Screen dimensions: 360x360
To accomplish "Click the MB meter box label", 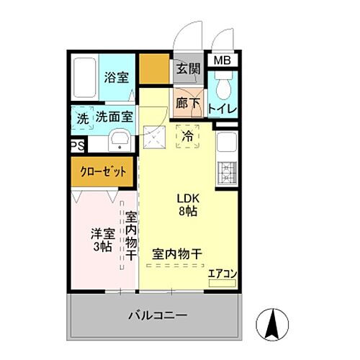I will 221,60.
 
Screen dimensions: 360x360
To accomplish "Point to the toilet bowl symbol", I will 223,90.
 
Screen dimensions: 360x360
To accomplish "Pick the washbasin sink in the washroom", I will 119,140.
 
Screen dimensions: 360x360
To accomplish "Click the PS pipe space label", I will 76,145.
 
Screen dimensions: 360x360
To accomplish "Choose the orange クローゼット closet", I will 102,171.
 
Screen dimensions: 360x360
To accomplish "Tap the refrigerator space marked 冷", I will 187,135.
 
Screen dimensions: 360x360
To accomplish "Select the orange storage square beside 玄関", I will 154,68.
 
